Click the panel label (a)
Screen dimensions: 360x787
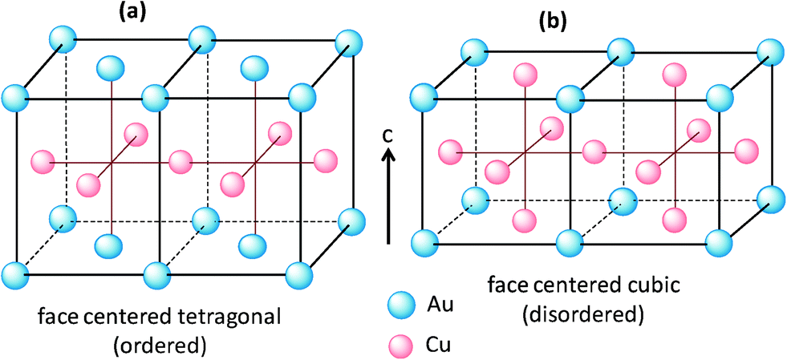[x=131, y=14]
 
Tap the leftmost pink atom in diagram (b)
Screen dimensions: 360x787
[x=452, y=150]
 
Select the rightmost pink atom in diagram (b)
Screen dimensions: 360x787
[x=745, y=150]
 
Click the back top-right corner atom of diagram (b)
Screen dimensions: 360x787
[x=771, y=55]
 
